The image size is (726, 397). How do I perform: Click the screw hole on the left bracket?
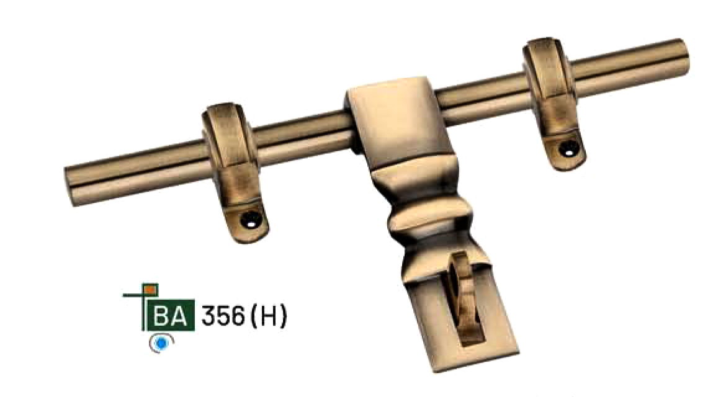tap(251, 220)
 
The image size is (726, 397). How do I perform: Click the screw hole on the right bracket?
tap(568, 149)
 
